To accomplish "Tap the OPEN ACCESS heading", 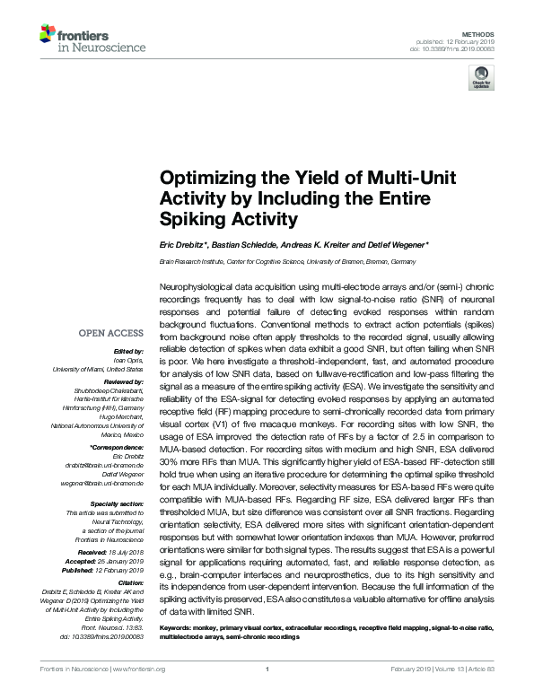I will (110, 333).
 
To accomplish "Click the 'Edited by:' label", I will (129, 351).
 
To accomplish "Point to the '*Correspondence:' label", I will (118, 446).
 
